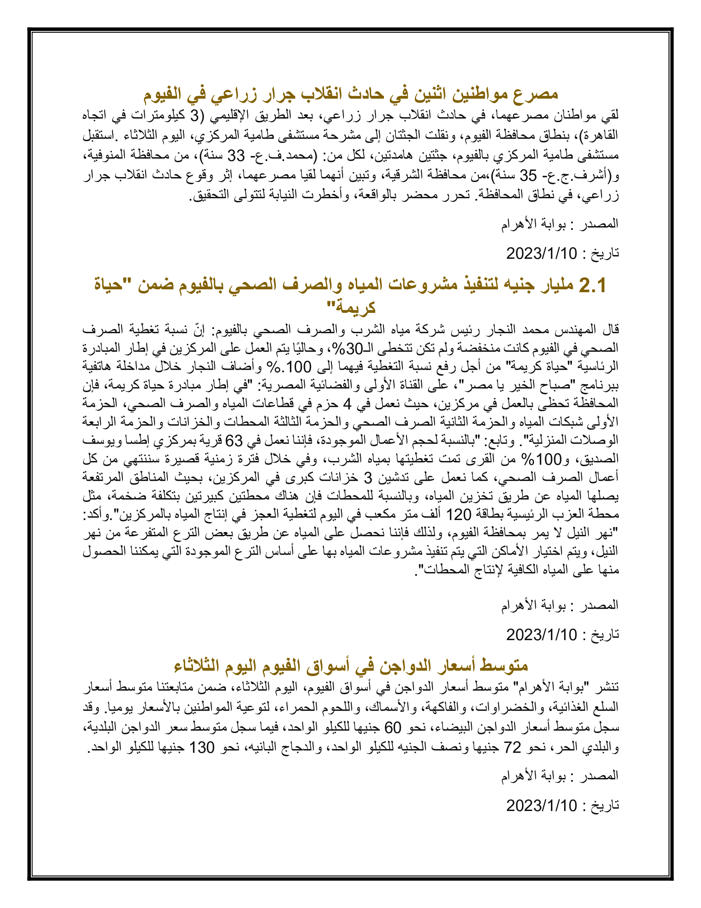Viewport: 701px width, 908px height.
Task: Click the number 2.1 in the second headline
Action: coord(592,286)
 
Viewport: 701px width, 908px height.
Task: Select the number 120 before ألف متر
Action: coord(459,515)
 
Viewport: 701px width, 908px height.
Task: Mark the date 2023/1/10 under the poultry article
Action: coord(541,805)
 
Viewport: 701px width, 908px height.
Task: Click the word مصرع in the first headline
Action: coord(535,94)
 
